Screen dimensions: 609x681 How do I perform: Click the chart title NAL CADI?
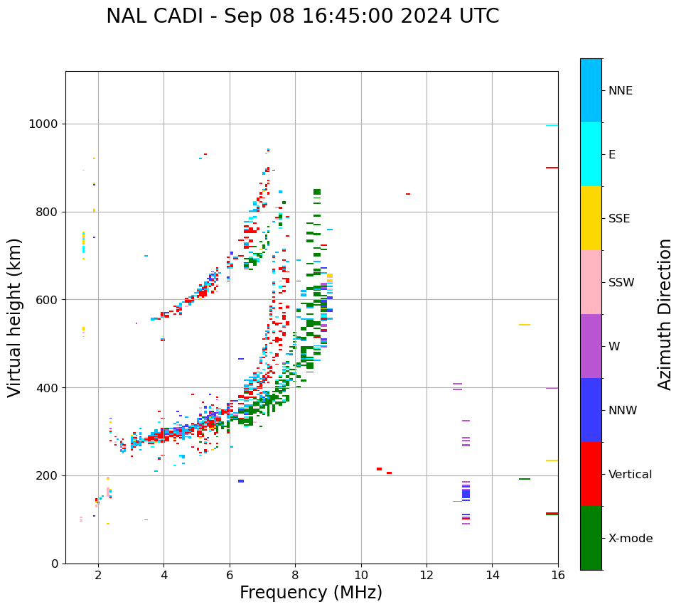302,16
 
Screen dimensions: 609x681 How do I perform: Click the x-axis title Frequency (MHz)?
311,593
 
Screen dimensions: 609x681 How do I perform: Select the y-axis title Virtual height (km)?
15,317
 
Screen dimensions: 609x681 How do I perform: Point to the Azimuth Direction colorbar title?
665,313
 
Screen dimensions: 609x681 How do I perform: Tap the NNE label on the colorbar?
620,91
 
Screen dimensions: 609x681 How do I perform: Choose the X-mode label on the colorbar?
630,539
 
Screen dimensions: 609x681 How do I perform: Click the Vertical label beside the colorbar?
630,475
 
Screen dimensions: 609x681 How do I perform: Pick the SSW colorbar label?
621,283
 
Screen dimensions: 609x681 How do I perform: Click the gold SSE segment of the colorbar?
591,217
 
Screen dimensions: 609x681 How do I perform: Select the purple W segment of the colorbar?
591,345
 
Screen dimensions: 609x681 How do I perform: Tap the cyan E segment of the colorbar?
591,153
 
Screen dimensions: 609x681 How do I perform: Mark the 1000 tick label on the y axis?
44,124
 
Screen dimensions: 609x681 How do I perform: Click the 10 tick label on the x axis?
360,575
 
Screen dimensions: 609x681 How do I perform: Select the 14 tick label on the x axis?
492,575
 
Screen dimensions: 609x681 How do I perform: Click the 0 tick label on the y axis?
55,564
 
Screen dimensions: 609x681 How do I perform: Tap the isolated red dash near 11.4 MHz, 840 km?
407,194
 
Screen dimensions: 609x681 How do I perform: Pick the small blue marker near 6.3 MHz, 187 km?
241,481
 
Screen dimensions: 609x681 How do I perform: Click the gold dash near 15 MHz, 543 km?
525,325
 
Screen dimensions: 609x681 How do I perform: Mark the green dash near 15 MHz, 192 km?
525,479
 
